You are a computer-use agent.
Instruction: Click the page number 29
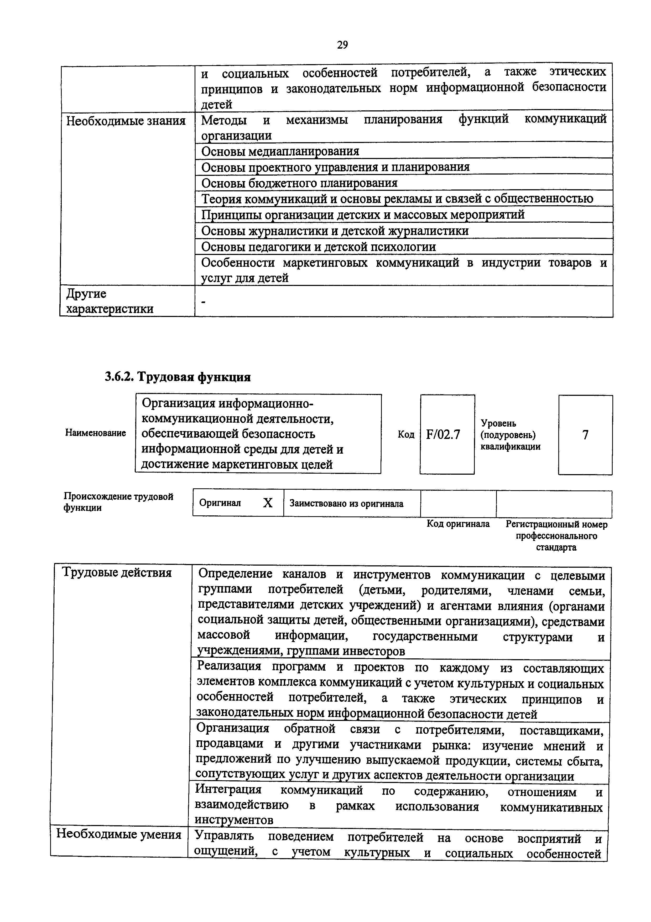click(x=342, y=45)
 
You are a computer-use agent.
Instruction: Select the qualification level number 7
click(x=585, y=434)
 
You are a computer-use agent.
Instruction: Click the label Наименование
click(x=96, y=433)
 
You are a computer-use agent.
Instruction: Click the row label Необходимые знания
click(x=126, y=121)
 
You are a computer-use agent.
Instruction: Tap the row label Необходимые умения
click(x=119, y=834)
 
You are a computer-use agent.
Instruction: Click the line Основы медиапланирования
click(x=280, y=151)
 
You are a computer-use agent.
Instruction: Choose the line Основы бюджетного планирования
click(x=299, y=183)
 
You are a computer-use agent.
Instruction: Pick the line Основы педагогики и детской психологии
click(x=318, y=247)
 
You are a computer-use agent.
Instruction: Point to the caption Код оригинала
click(x=458, y=524)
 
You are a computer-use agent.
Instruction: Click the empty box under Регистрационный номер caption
click(x=554, y=504)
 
